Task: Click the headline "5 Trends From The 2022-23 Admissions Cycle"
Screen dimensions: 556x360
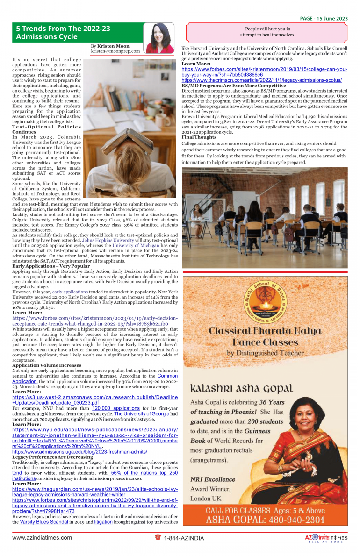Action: point(63,32)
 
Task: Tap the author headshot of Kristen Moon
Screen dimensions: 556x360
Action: point(160,37)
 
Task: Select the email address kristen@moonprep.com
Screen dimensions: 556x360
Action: point(115,51)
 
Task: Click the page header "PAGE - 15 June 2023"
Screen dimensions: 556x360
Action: point(324,19)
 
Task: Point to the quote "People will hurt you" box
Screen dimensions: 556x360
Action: point(267,32)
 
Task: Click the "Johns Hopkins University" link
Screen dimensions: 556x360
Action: point(108,240)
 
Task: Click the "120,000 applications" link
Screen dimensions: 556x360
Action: point(116,408)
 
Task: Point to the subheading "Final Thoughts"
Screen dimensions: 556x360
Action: point(199,137)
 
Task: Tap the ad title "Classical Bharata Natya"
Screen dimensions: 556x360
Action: point(265,331)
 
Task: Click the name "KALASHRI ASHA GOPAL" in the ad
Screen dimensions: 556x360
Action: point(242,388)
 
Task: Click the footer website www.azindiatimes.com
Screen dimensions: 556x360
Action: point(42,538)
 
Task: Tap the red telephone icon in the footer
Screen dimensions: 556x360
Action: point(158,537)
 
